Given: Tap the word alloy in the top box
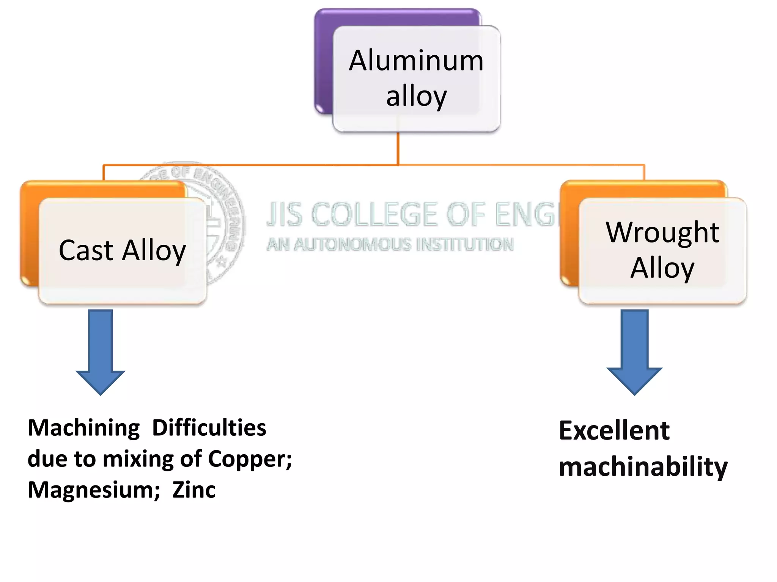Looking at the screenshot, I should click(416, 97).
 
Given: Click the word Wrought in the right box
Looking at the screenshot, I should click(662, 232).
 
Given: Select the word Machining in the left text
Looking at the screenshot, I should click(84, 429).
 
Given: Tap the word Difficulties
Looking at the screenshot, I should click(209, 428).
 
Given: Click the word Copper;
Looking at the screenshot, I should click(250, 459).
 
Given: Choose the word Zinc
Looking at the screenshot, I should click(194, 490).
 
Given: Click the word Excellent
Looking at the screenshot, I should click(614, 431).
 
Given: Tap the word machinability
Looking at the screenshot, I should click(643, 467).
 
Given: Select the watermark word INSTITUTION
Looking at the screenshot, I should click(465, 244).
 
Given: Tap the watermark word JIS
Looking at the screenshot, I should click(285, 214).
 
